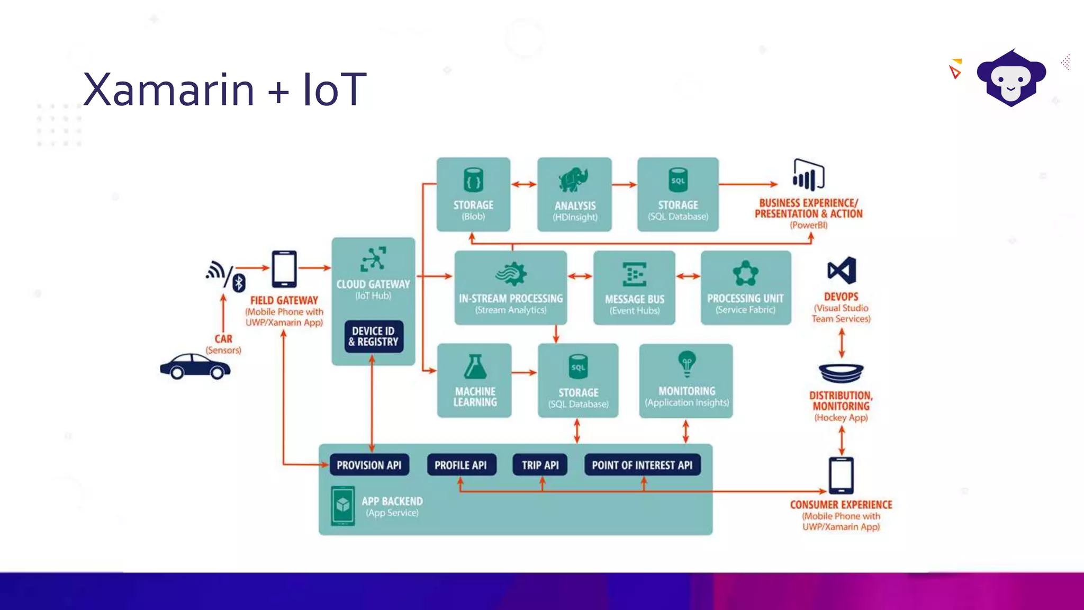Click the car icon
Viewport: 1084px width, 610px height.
[x=195, y=366]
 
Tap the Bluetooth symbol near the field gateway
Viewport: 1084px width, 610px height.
[x=239, y=283]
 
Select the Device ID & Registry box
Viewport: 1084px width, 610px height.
[x=374, y=336]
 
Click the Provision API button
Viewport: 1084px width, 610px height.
[x=369, y=465]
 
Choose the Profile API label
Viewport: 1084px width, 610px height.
[x=460, y=465]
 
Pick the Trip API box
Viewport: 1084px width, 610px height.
[x=540, y=465]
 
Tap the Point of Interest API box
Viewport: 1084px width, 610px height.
[x=642, y=465]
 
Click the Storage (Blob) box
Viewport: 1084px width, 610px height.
[x=473, y=194]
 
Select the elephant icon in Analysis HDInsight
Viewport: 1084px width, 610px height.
[x=573, y=180]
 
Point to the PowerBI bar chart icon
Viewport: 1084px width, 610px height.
[x=808, y=175]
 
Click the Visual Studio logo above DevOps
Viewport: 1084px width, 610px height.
[x=842, y=271]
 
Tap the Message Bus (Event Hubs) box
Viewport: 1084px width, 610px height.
[x=634, y=288]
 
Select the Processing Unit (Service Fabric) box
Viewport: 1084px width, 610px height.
[x=745, y=288]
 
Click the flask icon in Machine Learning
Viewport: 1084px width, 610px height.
[x=475, y=366]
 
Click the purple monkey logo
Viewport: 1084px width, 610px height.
[x=1011, y=78]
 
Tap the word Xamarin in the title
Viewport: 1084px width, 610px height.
[x=168, y=89]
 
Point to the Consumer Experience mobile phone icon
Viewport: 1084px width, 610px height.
[x=841, y=475]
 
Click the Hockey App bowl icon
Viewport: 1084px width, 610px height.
[x=841, y=373]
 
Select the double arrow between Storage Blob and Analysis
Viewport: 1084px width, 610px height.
[x=524, y=184]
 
